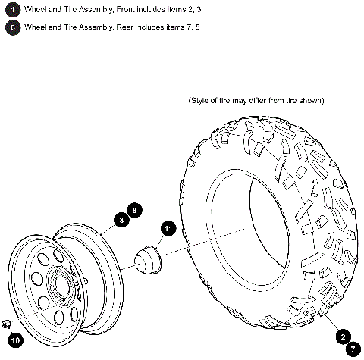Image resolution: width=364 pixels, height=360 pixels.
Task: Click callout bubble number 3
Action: pos(120,221)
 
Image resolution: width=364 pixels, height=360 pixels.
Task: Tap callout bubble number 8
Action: pos(134,209)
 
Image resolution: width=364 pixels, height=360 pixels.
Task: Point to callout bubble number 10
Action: pos(15,340)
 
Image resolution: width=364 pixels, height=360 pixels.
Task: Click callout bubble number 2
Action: pos(343,337)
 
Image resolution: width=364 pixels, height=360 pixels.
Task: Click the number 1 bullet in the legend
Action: pos(11,9)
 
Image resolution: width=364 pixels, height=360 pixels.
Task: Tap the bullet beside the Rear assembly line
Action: pos(11,27)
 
